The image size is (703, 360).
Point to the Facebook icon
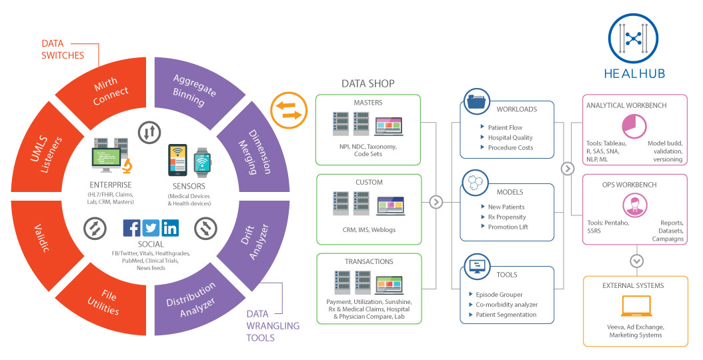click(x=132, y=228)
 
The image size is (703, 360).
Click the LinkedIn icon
click(x=170, y=228)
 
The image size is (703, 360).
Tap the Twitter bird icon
click(x=151, y=228)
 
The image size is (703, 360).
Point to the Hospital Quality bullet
click(x=511, y=137)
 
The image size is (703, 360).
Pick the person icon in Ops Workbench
click(x=634, y=205)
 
